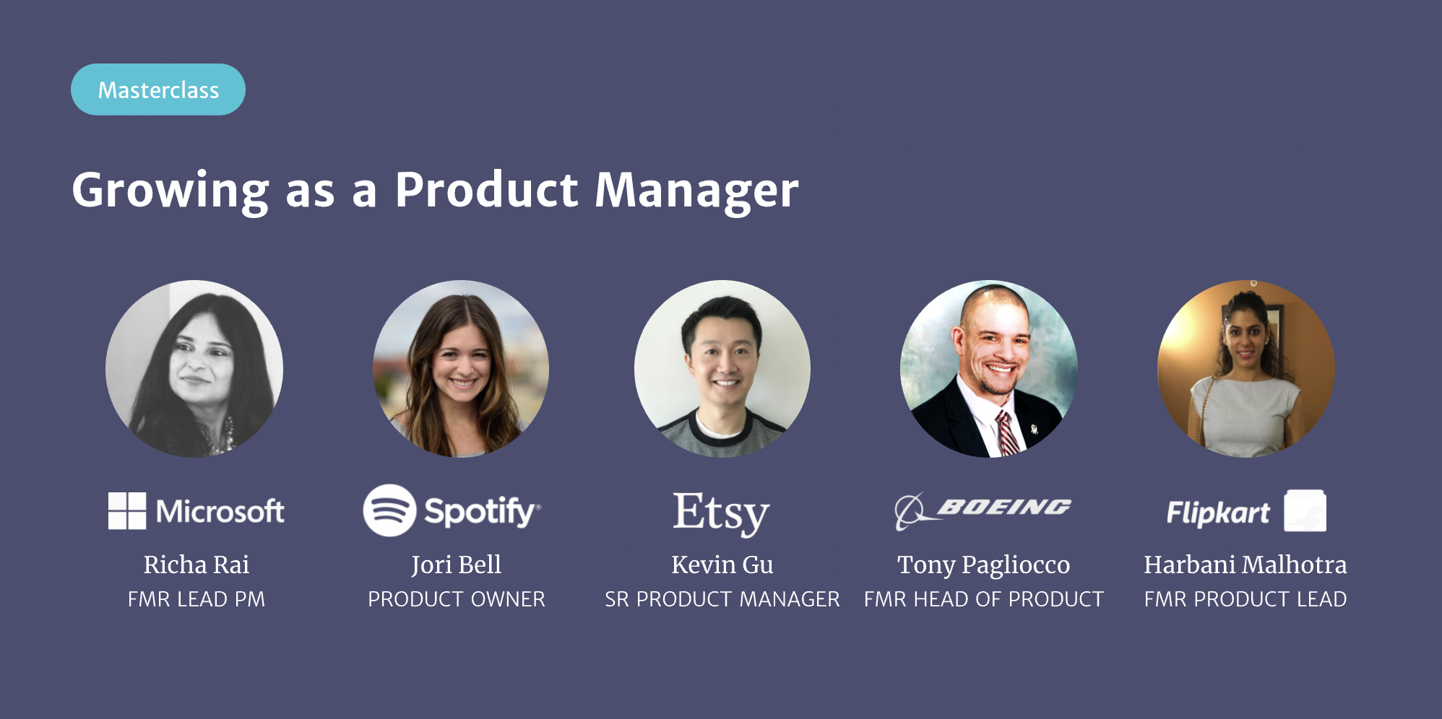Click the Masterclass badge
click(158, 90)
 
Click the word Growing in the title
click(170, 191)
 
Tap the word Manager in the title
click(697, 191)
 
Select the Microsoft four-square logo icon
click(127, 511)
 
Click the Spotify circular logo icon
click(389, 510)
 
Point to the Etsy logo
click(722, 513)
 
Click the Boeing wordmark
click(1004, 507)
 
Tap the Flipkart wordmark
click(1218, 513)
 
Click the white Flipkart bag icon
click(1305, 510)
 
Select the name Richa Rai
click(197, 565)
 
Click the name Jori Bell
click(457, 565)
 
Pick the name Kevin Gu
click(722, 565)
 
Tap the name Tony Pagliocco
click(984, 565)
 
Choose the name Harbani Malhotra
click(1245, 565)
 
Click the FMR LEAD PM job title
click(197, 599)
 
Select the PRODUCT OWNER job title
click(457, 599)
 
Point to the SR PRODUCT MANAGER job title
click(722, 599)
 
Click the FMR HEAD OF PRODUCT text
click(984, 599)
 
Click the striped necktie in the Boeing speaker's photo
click(1007, 433)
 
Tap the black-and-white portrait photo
click(194, 369)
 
